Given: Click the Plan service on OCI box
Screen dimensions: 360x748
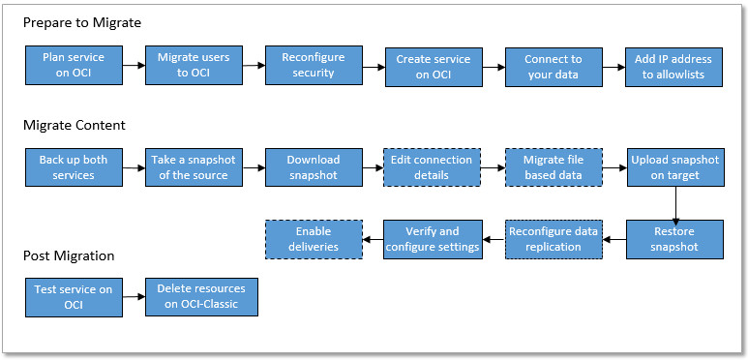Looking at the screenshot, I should coord(74,65).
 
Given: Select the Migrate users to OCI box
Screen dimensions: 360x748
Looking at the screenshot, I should coord(194,65).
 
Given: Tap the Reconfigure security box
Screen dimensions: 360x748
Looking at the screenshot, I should coord(314,65).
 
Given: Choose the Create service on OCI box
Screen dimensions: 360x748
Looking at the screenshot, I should coord(434,67).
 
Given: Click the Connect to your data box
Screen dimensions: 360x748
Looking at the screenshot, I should coord(554,67).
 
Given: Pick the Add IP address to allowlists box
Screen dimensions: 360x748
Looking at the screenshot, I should coord(674,67).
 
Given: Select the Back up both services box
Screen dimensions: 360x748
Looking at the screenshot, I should coord(74,167).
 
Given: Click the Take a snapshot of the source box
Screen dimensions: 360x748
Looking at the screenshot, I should coord(194,167).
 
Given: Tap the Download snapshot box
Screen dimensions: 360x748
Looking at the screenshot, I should coord(314,167).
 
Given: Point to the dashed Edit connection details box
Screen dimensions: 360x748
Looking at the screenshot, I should coord(434,167).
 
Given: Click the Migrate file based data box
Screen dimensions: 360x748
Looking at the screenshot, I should coord(554,167).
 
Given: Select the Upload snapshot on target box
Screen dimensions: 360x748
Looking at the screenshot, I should coord(674,167).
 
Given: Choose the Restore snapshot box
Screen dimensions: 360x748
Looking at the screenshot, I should coord(674,239).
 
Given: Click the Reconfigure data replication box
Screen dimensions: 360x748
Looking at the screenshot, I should coord(554,239).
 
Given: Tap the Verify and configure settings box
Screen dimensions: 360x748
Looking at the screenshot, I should coord(434,239).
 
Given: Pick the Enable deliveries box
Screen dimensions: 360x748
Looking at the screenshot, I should coord(314,239).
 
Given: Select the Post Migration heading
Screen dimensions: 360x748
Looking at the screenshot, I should coord(69,255).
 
